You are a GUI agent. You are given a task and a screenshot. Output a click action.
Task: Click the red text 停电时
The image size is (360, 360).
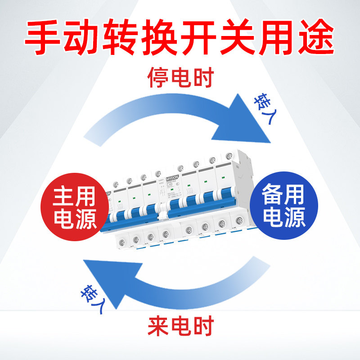(x=180, y=78)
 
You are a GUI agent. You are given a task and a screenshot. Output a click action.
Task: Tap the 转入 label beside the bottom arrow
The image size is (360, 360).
(x=92, y=297)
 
